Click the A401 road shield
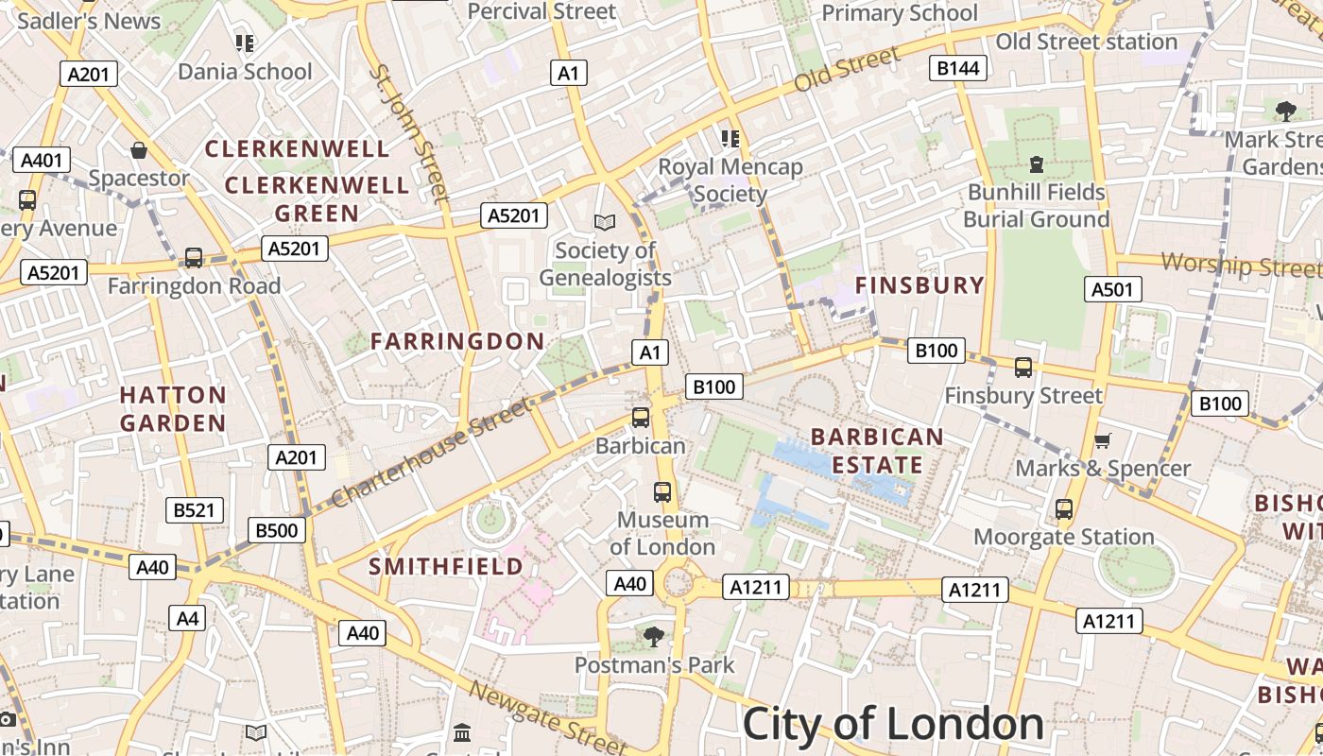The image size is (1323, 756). click(x=41, y=160)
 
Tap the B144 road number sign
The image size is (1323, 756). click(x=958, y=68)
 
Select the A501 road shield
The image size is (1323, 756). click(x=1111, y=289)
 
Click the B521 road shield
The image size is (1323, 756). click(x=194, y=510)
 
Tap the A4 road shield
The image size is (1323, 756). click(x=188, y=618)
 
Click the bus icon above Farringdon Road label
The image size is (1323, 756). click(x=194, y=257)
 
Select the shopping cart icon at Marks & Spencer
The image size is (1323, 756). click(x=1102, y=440)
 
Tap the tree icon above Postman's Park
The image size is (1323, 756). click(x=653, y=637)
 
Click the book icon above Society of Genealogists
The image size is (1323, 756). click(x=605, y=222)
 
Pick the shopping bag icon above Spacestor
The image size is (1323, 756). click(x=139, y=150)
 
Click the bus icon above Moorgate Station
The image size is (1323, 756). click(x=1064, y=509)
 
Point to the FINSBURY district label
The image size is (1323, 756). click(x=919, y=285)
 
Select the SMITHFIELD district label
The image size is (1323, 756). click(x=445, y=566)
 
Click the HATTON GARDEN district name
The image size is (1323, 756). click(x=173, y=408)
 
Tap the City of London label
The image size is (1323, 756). click(x=893, y=725)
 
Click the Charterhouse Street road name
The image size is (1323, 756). click(x=430, y=453)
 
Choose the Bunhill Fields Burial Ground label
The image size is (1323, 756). click(x=1036, y=206)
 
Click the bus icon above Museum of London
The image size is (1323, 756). click(x=662, y=492)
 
